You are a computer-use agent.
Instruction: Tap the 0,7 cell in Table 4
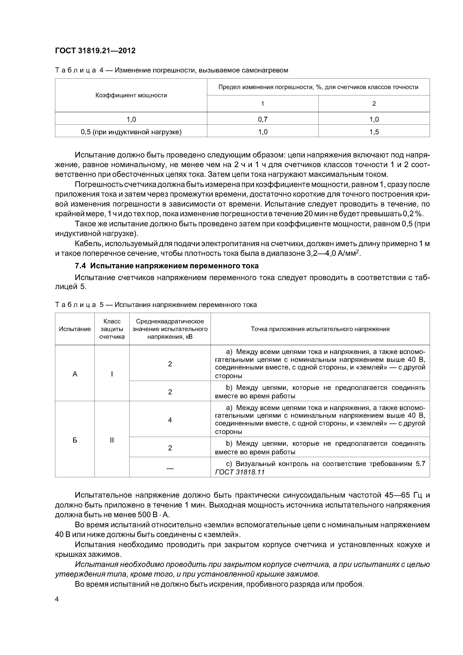coord(262,119)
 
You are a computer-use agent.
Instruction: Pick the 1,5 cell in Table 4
coord(374,132)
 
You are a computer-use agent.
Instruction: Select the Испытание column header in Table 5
coord(75,329)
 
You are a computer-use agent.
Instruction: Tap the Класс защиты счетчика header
coord(112,329)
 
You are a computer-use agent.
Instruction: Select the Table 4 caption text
coord(171,70)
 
